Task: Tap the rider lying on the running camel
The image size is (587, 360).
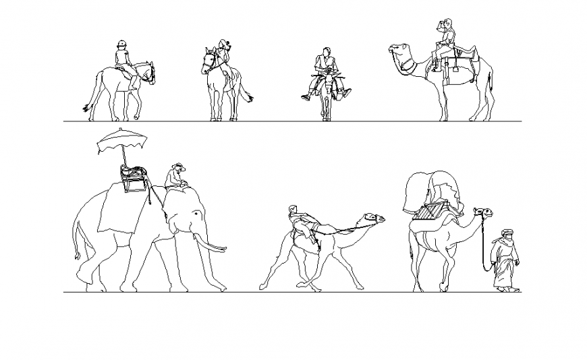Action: [x=301, y=222]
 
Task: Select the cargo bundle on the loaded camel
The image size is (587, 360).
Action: [x=432, y=192]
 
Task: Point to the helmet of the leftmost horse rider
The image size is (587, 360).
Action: [x=121, y=44]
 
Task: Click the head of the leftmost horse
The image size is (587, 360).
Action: [x=148, y=71]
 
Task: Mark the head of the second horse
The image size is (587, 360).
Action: [x=208, y=62]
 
